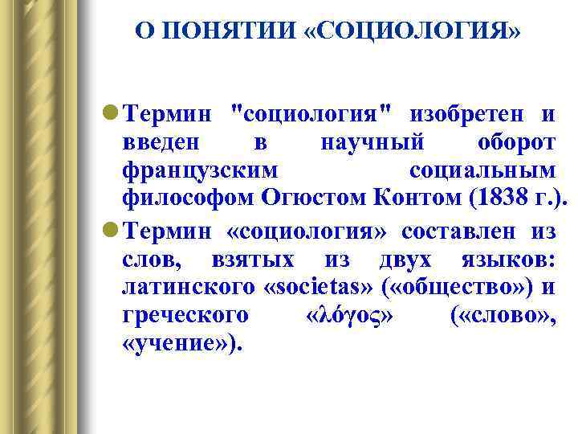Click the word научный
(x=372, y=144)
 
